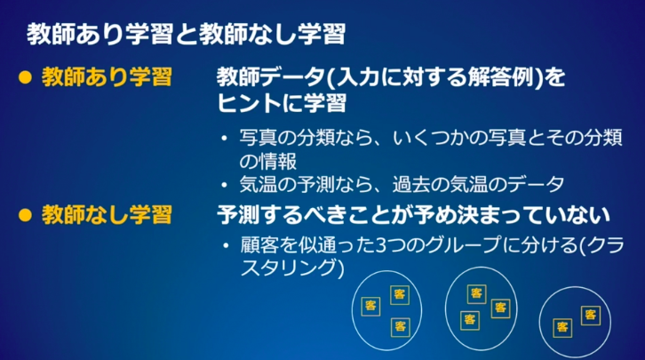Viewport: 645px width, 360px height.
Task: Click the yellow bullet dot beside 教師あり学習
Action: [25, 77]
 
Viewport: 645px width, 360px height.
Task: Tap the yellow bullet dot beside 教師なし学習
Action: [25, 215]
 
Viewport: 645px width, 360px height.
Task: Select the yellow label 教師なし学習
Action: [107, 215]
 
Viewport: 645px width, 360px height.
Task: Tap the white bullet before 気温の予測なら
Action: [224, 185]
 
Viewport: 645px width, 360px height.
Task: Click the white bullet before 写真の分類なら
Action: [224, 139]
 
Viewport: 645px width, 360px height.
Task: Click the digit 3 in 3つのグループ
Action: [381, 245]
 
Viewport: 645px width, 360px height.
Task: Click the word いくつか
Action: [430, 138]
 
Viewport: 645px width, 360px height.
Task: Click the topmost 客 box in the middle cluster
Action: [477, 293]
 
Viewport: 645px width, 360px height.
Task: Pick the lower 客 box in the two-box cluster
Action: [562, 328]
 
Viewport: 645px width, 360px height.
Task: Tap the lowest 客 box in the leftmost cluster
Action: [401, 327]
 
